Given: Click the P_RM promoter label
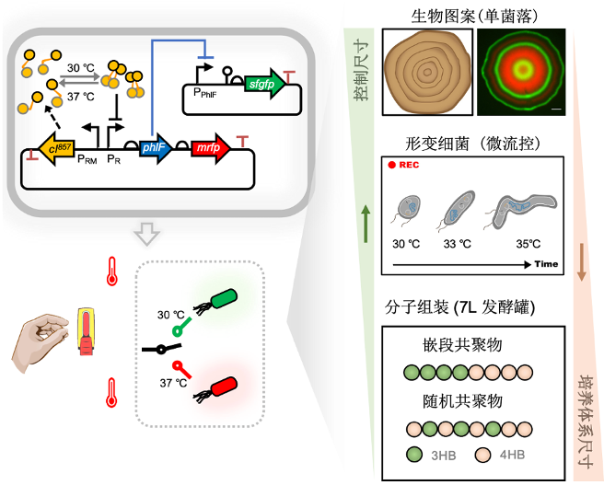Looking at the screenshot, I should click(87, 161).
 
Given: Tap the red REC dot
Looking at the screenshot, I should click(391, 166).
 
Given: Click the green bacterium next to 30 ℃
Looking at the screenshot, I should click(224, 301).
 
